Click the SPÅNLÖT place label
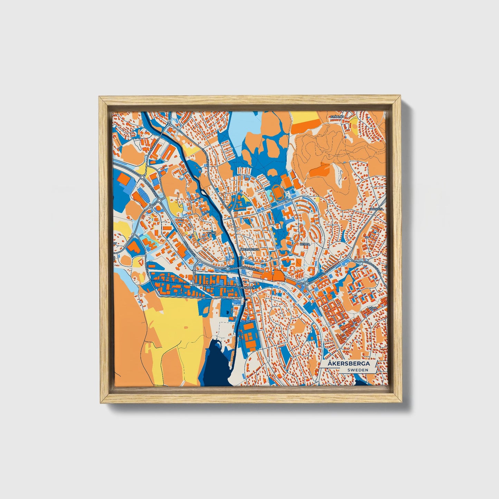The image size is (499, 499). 337,117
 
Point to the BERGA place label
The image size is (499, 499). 305,244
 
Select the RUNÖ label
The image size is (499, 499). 211,233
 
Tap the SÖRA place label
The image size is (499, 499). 372,307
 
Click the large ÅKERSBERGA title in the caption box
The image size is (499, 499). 349,364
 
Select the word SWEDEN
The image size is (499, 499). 357,370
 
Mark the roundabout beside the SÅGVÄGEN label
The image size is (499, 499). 195,285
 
